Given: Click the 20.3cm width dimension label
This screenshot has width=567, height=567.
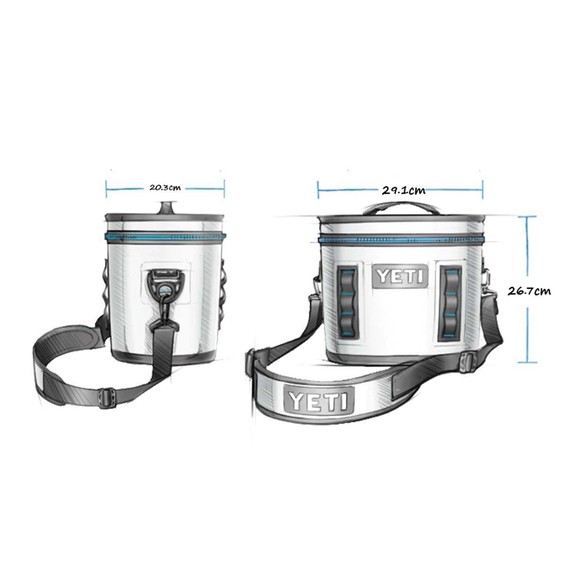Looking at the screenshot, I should pos(165,187).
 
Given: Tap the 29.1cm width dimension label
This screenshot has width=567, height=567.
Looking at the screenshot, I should pos(403,190).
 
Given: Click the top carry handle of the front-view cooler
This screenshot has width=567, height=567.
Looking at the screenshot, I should pos(400,206).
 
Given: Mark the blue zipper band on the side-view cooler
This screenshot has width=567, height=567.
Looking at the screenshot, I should pos(165,235).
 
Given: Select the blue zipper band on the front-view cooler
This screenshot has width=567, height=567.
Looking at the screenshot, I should pos(401,240).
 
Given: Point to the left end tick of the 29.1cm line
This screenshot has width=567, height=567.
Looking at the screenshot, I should pos(318,190).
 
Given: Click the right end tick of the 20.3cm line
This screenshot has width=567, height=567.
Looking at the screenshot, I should pos(224,188).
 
